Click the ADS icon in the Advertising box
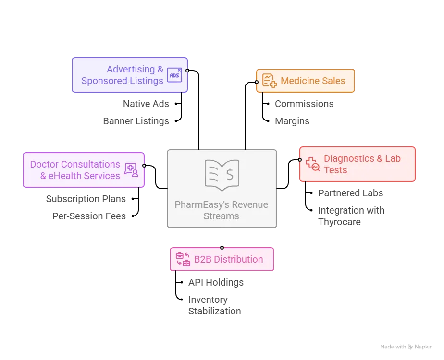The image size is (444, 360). click(x=174, y=75)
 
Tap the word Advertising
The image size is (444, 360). click(x=131, y=69)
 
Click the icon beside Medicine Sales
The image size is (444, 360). click(x=269, y=81)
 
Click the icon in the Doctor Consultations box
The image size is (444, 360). click(x=131, y=169)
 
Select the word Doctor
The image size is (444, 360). click(x=44, y=164)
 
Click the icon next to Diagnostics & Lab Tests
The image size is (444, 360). click(x=313, y=164)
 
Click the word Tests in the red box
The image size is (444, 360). click(x=335, y=170)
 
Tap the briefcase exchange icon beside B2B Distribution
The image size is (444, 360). click(x=183, y=259)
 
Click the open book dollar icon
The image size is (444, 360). click(x=222, y=173)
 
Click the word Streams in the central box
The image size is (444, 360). click(x=221, y=216)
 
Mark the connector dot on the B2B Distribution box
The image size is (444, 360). click(x=222, y=248)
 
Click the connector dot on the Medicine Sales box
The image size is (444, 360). click(x=257, y=82)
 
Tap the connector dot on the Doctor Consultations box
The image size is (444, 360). click(x=144, y=166)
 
